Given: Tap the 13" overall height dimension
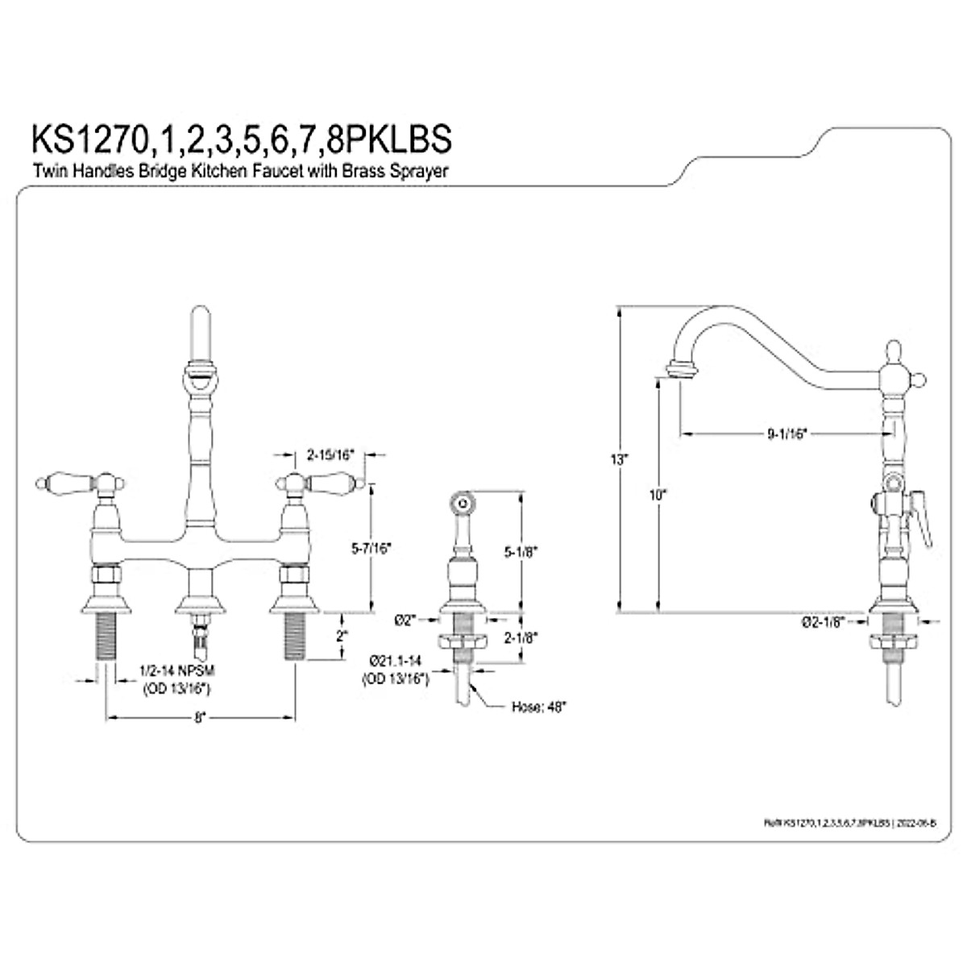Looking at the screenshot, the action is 619,460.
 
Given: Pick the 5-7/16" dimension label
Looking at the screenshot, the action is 371,548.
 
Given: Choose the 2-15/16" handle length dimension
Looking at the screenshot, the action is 330,454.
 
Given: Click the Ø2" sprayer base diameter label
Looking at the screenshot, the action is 405,620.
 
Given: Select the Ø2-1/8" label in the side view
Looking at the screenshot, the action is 823,621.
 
